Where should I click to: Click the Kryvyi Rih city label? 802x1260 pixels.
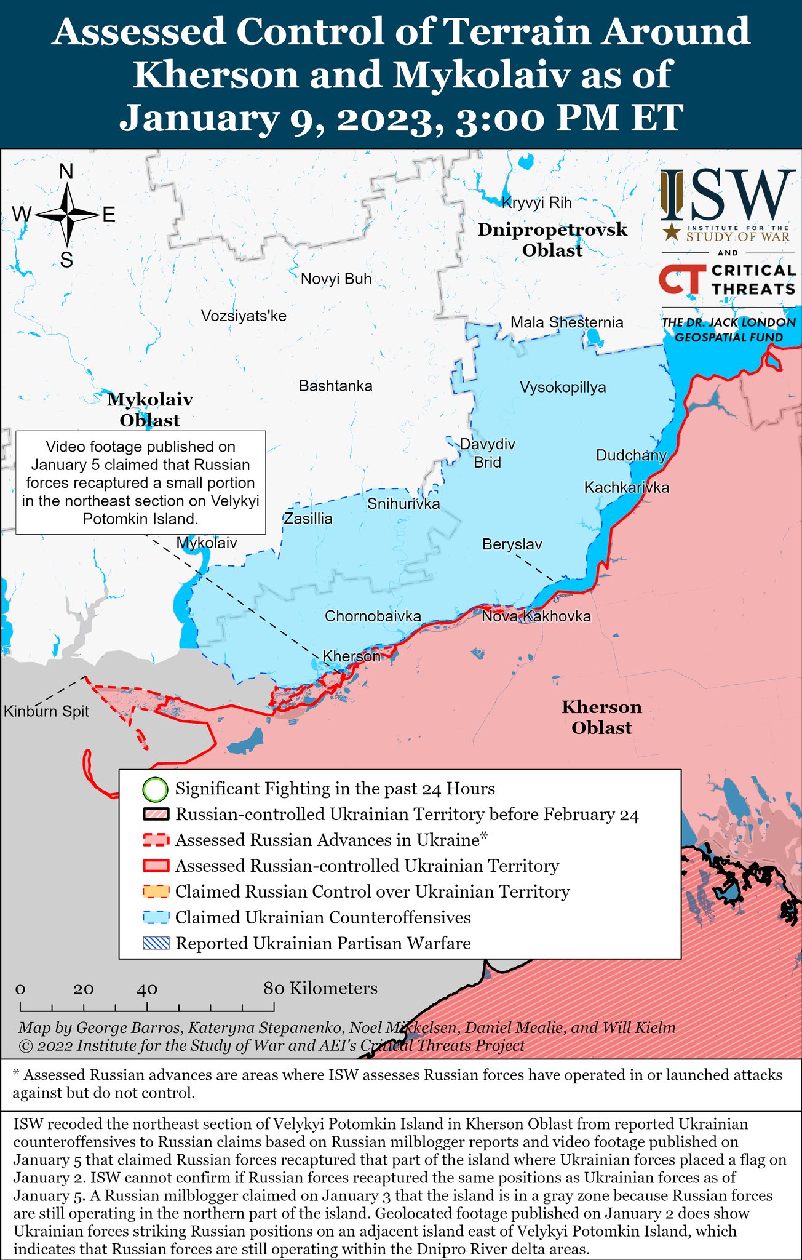point(536,202)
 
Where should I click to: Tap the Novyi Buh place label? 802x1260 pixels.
point(336,279)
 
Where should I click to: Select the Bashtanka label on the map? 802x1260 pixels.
point(335,386)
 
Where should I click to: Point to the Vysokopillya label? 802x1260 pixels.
point(562,387)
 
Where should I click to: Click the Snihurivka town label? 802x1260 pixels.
point(403,504)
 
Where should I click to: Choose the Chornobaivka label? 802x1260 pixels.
point(373,616)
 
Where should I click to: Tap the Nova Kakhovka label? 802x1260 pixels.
point(536,616)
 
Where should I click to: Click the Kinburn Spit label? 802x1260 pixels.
point(46,711)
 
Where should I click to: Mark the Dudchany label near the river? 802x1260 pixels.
point(630,455)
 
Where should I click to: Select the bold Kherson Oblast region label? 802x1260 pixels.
point(601,717)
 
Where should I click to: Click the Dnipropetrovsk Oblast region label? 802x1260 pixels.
point(552,240)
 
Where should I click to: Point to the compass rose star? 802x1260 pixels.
point(67,214)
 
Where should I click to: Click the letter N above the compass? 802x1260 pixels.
point(66,172)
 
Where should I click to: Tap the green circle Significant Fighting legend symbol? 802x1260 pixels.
point(155,789)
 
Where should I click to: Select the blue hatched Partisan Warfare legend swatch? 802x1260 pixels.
point(156,943)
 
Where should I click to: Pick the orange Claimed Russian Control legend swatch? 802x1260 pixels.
point(156,891)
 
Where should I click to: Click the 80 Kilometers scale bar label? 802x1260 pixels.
point(320,988)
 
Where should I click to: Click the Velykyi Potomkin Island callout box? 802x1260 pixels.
point(140,482)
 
